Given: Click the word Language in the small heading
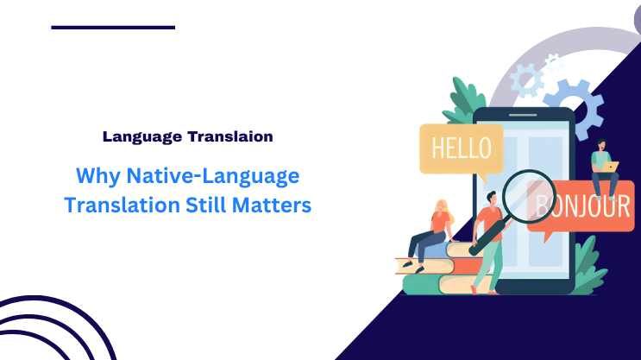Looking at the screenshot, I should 138,136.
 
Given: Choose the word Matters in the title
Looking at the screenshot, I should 275,206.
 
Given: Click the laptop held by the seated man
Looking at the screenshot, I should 610,167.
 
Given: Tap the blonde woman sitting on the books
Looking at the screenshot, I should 435,229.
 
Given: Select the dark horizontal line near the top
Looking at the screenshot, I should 113,27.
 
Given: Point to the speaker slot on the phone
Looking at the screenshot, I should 523,115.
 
